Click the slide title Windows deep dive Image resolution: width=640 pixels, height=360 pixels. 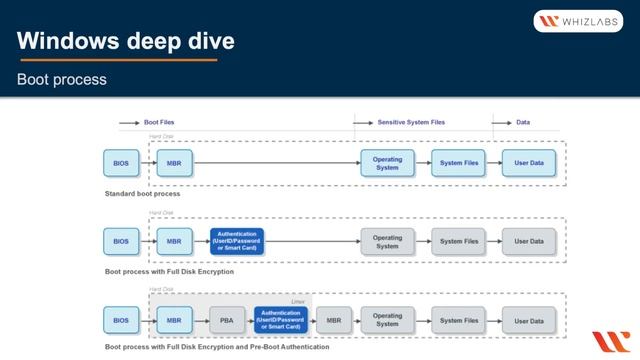pyautogui.click(x=126, y=41)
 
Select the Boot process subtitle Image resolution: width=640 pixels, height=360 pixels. pyautogui.click(x=62, y=79)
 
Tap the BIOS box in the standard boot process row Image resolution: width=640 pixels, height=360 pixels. pyautogui.click(x=121, y=162)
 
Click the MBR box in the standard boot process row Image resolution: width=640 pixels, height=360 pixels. pyautogui.click(x=174, y=162)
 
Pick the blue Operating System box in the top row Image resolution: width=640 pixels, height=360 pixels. pyautogui.click(x=387, y=162)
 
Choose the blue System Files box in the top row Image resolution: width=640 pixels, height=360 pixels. pyautogui.click(x=458, y=162)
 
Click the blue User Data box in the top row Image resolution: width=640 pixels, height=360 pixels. pyautogui.click(x=529, y=162)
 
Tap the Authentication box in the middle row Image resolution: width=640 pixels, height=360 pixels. pyautogui.click(x=237, y=241)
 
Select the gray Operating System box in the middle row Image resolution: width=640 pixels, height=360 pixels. pyautogui.click(x=387, y=241)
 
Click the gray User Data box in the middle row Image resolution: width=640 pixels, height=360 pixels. pyautogui.click(x=529, y=241)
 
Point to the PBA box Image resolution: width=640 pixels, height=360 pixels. pyautogui.click(x=226, y=320)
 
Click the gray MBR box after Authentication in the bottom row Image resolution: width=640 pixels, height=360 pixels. pyautogui.click(x=332, y=320)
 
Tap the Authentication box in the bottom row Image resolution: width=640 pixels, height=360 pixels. pyautogui.click(x=280, y=320)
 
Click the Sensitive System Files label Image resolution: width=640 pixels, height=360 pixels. pyautogui.click(x=411, y=122)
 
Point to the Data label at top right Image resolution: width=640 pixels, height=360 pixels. pyautogui.click(x=523, y=122)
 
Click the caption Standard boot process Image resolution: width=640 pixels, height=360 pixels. pyautogui.click(x=142, y=193)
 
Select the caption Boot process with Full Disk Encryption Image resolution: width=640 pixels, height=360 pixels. pyautogui.click(x=169, y=271)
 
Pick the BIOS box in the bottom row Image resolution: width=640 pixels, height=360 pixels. pyautogui.click(x=121, y=320)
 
